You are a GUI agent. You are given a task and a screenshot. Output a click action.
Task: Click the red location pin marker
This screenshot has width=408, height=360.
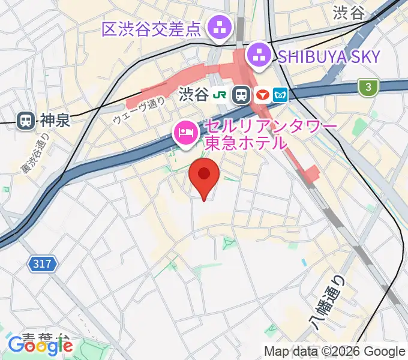[x=205, y=176]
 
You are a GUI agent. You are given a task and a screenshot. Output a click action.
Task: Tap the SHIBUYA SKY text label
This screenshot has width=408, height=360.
[x=328, y=57]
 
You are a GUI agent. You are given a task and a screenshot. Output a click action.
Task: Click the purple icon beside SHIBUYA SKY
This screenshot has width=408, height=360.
[x=260, y=57]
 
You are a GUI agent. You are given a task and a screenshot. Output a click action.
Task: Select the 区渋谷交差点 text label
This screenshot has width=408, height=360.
[x=151, y=29]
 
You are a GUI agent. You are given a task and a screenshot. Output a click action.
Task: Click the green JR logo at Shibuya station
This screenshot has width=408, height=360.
[x=222, y=95]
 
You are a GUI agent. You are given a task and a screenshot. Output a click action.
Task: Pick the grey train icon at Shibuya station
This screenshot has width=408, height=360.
[x=242, y=95]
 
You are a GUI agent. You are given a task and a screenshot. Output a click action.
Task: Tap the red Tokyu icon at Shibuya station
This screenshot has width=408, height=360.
[x=262, y=95]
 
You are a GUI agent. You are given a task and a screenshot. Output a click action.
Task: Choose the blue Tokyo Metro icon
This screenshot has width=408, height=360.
[x=280, y=95]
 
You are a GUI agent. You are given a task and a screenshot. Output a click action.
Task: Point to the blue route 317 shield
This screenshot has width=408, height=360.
[x=43, y=263]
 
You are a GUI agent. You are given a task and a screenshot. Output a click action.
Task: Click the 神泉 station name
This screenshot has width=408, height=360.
[x=56, y=120]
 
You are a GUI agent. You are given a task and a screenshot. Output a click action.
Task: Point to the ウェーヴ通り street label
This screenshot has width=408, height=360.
[x=139, y=111]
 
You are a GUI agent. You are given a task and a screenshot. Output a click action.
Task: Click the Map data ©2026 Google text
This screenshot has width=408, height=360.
[x=335, y=352]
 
